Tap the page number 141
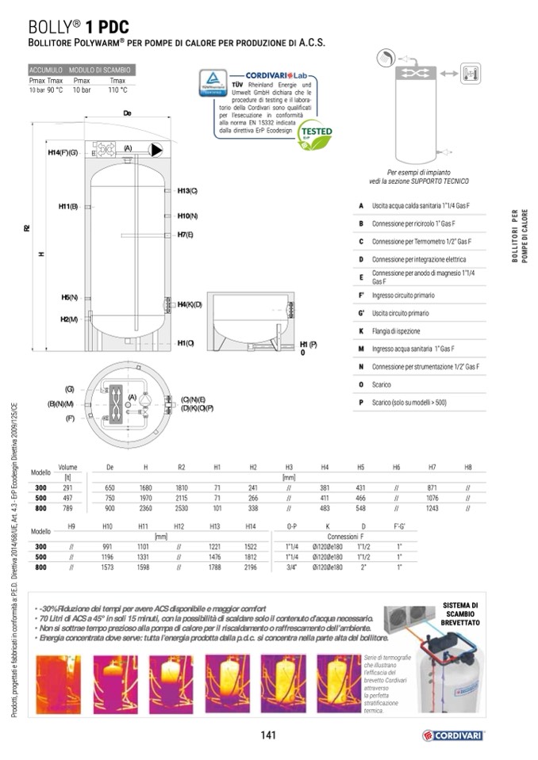(268, 735)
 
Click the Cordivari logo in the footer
(453, 735)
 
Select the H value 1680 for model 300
(145, 487)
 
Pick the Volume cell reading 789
(67, 508)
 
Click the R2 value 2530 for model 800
(181, 508)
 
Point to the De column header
(110, 468)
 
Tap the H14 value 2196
(251, 567)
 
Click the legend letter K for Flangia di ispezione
(361, 331)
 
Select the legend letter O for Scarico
(361, 384)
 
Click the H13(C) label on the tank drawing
(187, 191)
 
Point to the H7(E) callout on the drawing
(186, 235)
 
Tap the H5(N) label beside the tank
(69, 297)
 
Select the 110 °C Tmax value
(117, 90)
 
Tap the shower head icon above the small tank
(383, 58)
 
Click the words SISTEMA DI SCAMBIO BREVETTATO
(460, 614)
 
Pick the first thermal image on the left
(58, 684)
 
